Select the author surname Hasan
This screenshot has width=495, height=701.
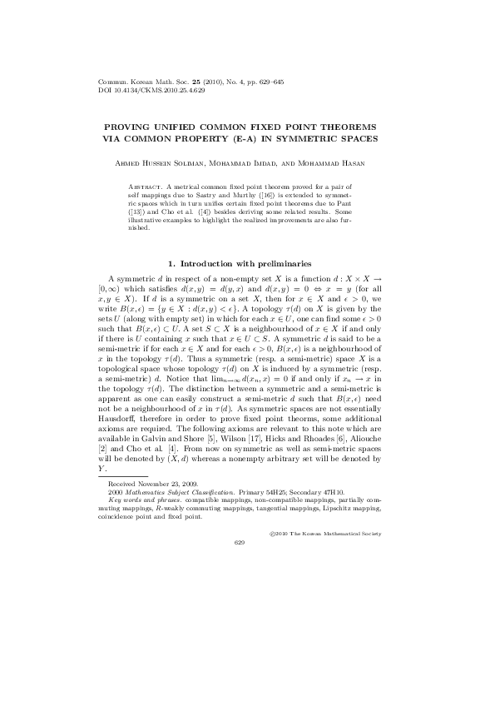pyautogui.click(x=368, y=163)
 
